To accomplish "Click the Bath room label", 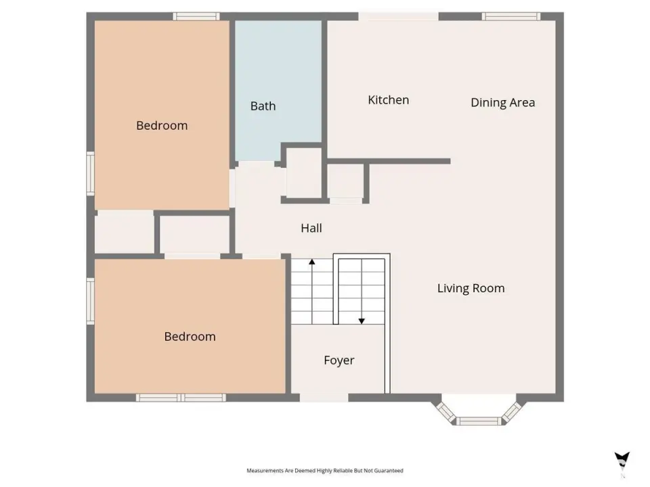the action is [263, 106].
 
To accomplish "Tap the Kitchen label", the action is [389, 100].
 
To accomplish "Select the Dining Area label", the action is [503, 103].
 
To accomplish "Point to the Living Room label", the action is [471, 288].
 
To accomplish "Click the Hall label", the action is [311, 228].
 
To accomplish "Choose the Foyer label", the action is [339, 361].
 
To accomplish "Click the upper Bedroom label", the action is [162, 126].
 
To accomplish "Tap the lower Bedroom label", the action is [190, 336].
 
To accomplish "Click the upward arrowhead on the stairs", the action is [311, 262].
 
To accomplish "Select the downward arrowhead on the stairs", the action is [362, 321].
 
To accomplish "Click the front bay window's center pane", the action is [479, 421].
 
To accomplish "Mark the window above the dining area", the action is [511, 16].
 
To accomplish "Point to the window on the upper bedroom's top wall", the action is [196, 16].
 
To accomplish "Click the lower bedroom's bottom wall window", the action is [181, 398].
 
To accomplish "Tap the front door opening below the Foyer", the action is [324, 398].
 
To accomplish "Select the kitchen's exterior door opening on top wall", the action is [398, 16].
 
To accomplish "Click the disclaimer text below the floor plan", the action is [325, 471].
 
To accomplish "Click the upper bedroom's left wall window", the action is [90, 174].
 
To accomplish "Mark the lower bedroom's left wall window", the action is [90, 301].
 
